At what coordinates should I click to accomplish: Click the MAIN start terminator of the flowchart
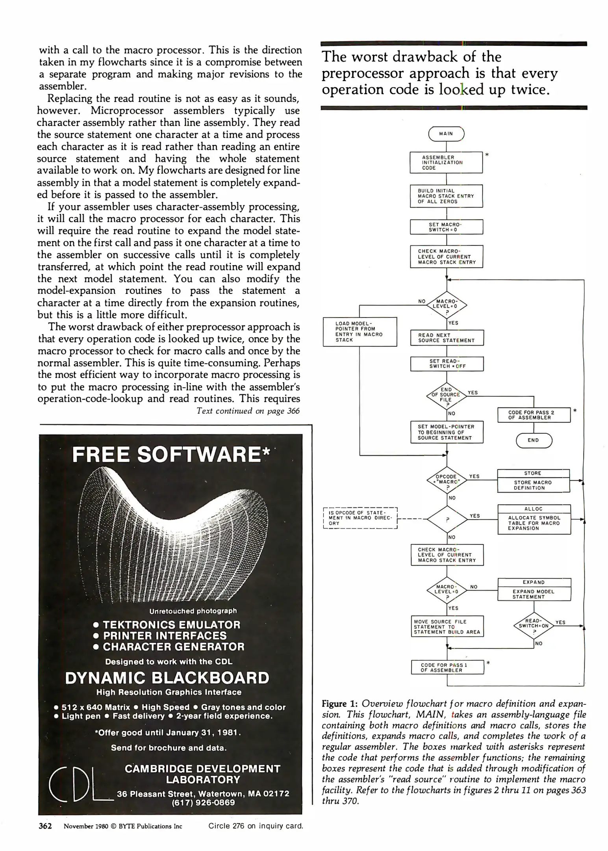(x=446, y=134)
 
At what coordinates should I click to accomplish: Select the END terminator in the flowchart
(x=534, y=440)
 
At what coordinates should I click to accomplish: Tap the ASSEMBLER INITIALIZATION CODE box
(x=446, y=162)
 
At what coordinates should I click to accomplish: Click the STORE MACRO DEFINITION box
(x=534, y=481)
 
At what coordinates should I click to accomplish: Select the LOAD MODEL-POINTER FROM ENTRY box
(x=360, y=332)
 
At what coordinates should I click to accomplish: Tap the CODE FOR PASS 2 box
(x=534, y=415)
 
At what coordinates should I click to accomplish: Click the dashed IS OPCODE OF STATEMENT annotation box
(x=360, y=518)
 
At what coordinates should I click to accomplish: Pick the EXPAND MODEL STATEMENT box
(x=534, y=589)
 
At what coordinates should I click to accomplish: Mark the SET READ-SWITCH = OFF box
(x=447, y=364)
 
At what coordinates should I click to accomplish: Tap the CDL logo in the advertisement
(x=77, y=786)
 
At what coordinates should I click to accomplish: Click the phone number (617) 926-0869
(x=203, y=803)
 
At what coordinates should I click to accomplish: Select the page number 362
(x=45, y=826)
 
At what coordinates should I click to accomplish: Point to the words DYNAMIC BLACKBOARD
(x=167, y=678)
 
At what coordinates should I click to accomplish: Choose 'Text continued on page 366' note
(x=248, y=411)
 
